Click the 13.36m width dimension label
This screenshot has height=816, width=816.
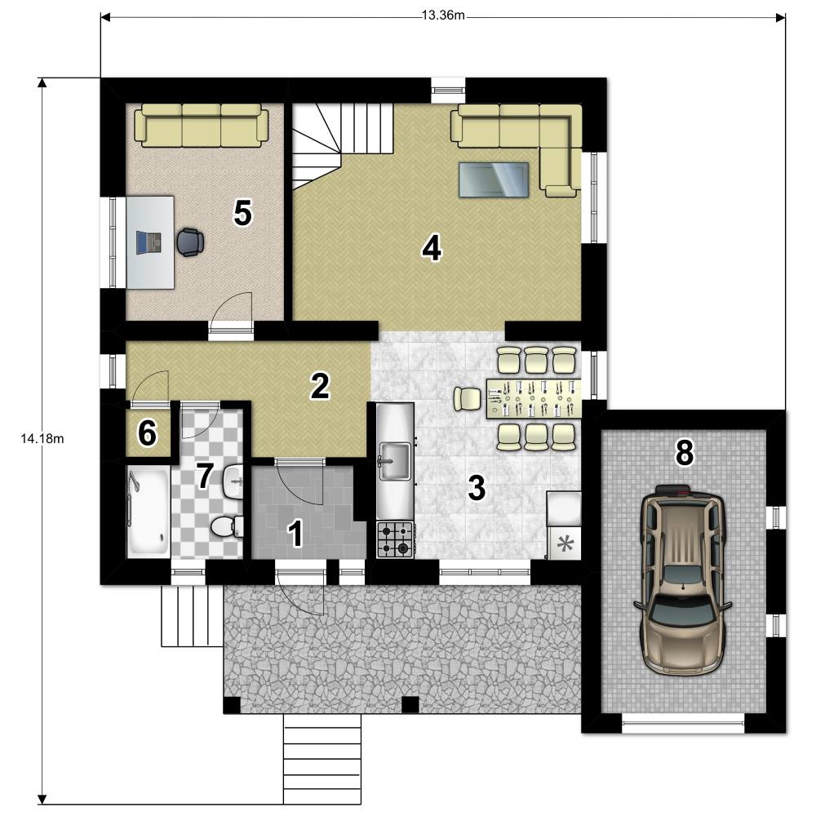point(443,15)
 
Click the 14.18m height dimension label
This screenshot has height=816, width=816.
point(42,439)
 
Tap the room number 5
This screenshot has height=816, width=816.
point(242,213)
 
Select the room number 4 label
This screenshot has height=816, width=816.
point(432,248)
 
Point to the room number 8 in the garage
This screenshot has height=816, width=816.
point(685,452)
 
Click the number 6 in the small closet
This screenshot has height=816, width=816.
point(147,433)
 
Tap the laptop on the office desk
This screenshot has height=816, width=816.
point(149,242)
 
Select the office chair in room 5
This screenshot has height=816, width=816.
point(190,242)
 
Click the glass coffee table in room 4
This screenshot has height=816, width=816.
point(494,180)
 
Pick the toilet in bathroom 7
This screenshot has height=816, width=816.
point(227,526)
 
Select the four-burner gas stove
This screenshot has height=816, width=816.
point(395,540)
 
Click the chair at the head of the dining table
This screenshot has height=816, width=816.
point(468,399)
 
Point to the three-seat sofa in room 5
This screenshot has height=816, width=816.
point(202,125)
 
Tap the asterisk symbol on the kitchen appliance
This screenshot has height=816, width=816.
point(565,544)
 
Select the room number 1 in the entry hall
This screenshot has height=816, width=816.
point(296,534)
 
